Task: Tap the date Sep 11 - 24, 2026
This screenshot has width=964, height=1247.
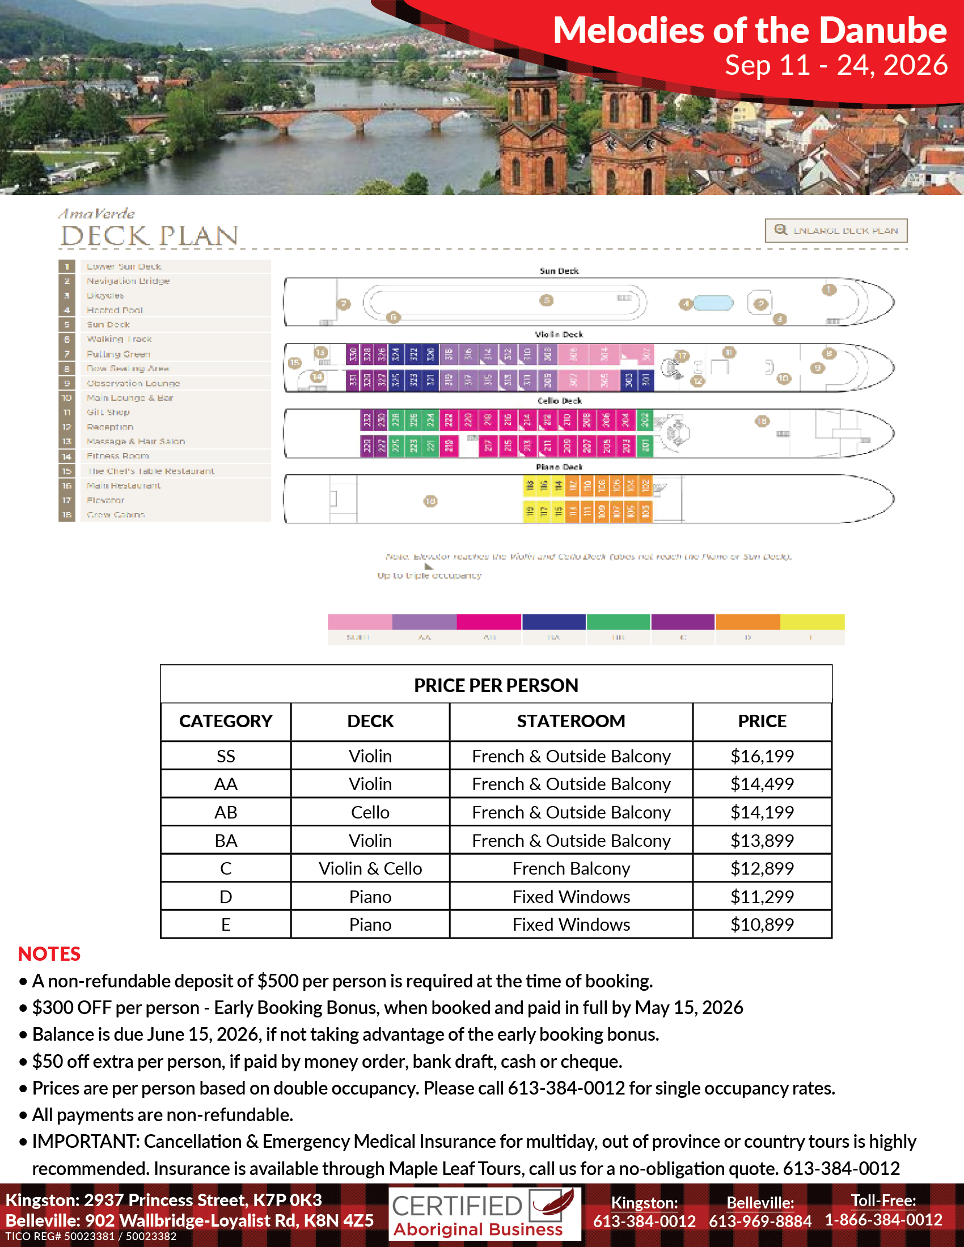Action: [x=836, y=65]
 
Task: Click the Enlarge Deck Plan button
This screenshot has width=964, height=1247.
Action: [x=835, y=231]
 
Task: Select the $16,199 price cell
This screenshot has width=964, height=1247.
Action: [x=762, y=756]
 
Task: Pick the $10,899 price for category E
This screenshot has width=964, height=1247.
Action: [x=762, y=924]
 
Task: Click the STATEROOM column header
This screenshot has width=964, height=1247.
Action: [x=570, y=721]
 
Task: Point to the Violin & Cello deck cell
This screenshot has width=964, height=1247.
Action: [x=370, y=868]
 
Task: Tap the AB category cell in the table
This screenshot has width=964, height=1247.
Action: [x=226, y=812]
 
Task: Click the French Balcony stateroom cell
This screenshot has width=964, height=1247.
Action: [x=570, y=868]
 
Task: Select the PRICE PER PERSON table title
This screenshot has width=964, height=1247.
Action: [x=496, y=685]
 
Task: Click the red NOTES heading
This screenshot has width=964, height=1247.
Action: [x=49, y=953]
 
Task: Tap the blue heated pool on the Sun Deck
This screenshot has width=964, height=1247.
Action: [x=713, y=303]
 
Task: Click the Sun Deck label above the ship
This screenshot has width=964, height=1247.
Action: [x=559, y=270]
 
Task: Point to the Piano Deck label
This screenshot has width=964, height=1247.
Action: [x=559, y=467]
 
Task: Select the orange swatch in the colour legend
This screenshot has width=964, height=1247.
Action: [x=747, y=621]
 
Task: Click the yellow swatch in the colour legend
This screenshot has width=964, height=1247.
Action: [x=812, y=621]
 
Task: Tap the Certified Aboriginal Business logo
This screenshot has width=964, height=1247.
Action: [x=484, y=1214]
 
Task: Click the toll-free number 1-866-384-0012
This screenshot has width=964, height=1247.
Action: [x=883, y=1220]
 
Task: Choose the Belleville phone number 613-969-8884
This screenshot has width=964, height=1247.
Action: [x=760, y=1221]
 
